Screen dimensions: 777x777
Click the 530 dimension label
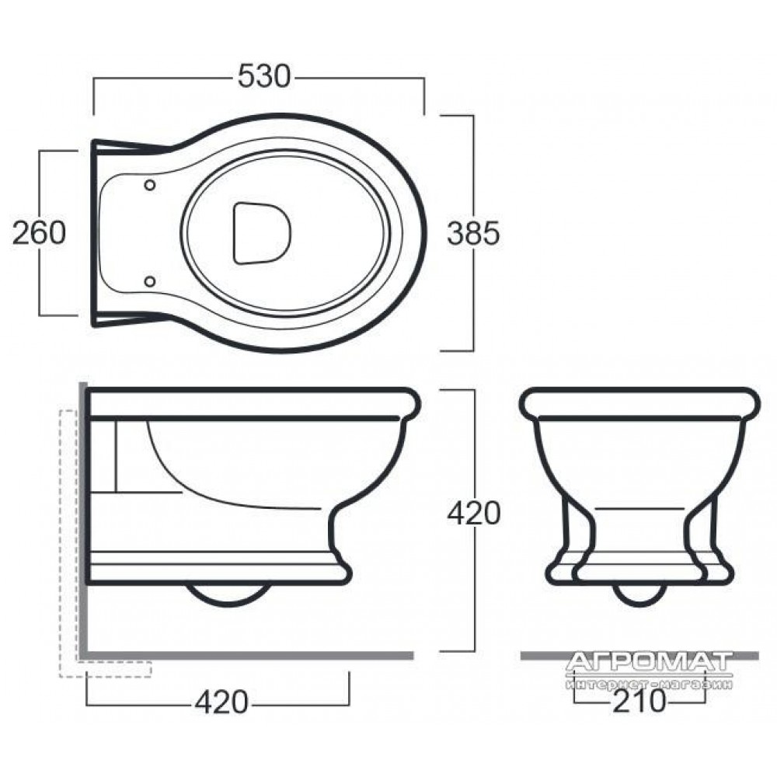coord(264,77)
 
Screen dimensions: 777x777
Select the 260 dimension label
coord(39,233)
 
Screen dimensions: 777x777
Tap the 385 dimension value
coord(473,233)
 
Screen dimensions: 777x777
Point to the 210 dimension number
coord(639,701)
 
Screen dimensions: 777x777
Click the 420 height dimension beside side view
coord(474,514)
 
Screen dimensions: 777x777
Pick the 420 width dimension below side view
coord(221,702)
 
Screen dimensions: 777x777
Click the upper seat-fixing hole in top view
coord(150,186)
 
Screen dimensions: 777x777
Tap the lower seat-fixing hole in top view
coord(150,281)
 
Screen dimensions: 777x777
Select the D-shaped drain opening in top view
coord(261,233)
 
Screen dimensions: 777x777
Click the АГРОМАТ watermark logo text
coord(649,662)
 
